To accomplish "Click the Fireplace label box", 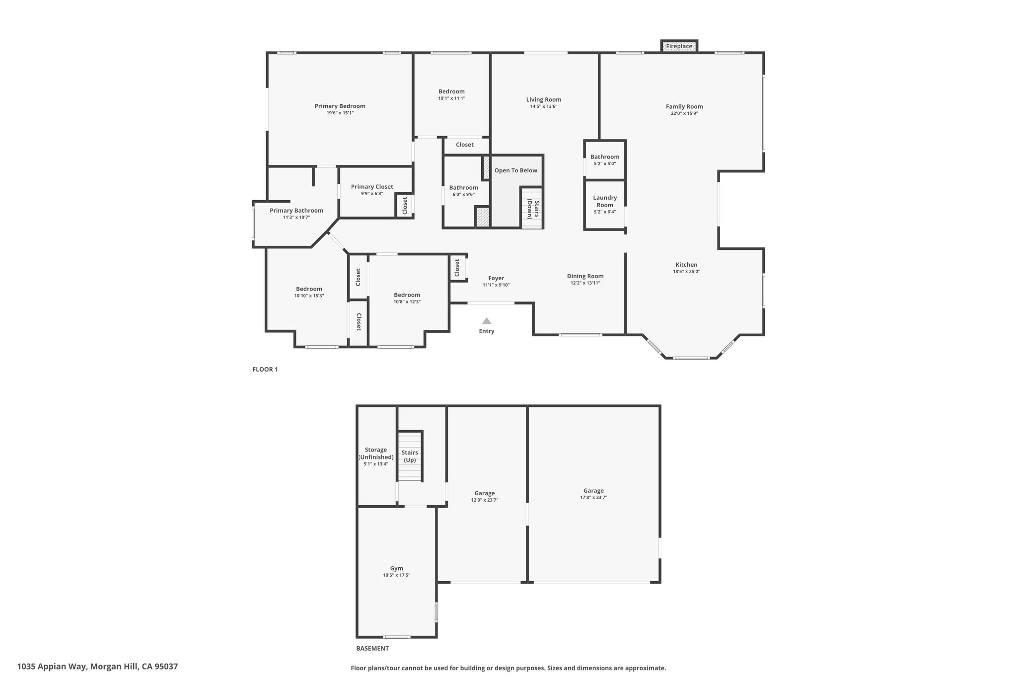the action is (x=679, y=46).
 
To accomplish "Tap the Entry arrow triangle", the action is (x=487, y=321).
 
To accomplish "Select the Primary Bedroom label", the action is (x=340, y=106).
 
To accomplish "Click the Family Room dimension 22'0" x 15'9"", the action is (x=684, y=113).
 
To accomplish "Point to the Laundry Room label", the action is (x=605, y=201).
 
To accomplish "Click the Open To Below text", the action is (x=516, y=170).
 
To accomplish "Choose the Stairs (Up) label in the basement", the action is (x=410, y=456).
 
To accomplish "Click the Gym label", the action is (x=396, y=568).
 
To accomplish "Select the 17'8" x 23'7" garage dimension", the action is (x=593, y=497).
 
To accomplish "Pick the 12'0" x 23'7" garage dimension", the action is (x=485, y=500).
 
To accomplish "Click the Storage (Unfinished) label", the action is (x=376, y=453).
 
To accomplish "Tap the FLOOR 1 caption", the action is (x=265, y=370).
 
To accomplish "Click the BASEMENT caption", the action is (x=372, y=648).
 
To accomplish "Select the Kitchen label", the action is (x=686, y=265).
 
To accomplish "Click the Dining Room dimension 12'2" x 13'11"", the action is (x=585, y=283).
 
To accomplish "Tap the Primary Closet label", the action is (x=372, y=187).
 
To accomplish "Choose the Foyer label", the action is (x=496, y=278).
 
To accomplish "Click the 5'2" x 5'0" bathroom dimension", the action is (x=605, y=164).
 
